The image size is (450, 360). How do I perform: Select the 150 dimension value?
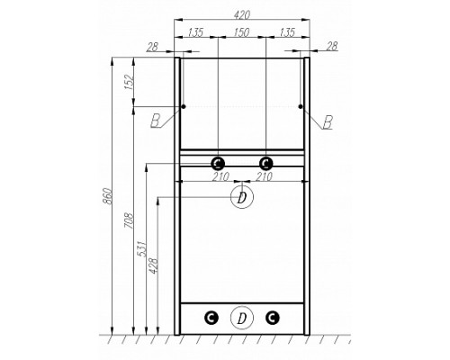click(241, 33)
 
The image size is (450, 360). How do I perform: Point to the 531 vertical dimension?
click(142, 250)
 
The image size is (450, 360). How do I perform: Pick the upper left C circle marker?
click(217, 163)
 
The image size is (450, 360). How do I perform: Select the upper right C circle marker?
click(265, 163)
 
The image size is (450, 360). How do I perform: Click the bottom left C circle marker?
click(211, 317)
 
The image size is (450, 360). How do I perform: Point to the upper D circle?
click(240, 197)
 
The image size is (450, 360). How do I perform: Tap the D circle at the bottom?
click(240, 317)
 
